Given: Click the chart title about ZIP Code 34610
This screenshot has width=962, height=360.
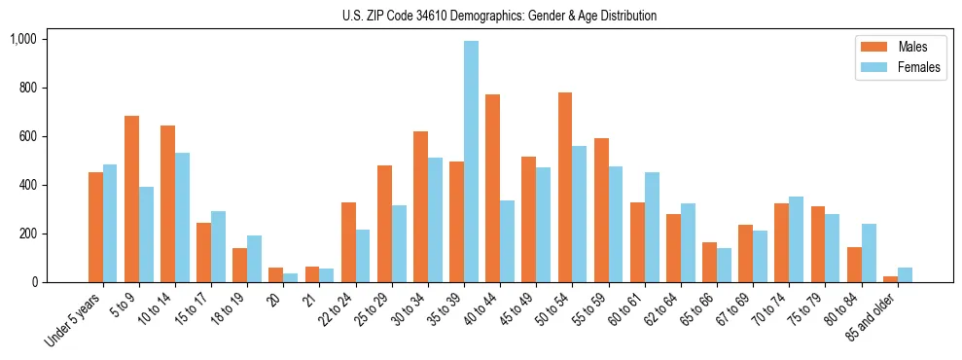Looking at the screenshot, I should coord(499,16).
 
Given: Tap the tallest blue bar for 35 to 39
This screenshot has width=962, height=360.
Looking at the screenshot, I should coord(471,162).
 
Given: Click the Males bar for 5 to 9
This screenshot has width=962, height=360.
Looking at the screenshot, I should coord(131,199).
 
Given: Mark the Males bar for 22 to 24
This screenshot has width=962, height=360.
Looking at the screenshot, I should coord(348,242).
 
